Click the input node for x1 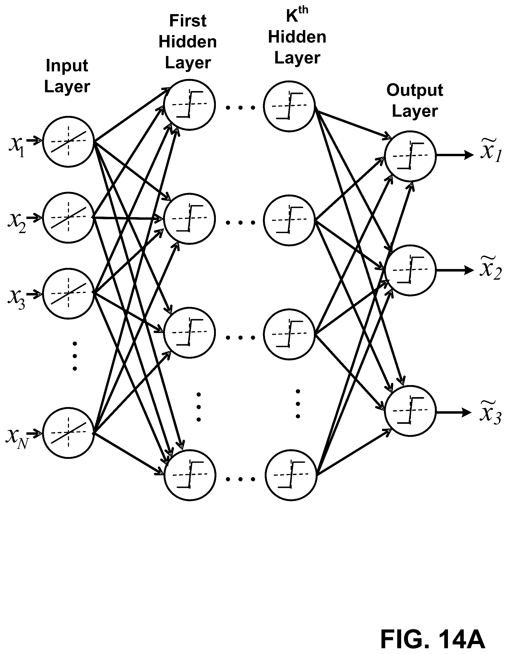68,141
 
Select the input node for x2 68,217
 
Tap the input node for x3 68,293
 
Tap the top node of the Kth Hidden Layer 289,106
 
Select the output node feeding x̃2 410,270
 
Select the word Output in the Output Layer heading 414,90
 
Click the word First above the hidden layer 188,21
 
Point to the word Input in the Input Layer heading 67,66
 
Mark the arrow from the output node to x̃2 455,270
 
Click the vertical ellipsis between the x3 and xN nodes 75,356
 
